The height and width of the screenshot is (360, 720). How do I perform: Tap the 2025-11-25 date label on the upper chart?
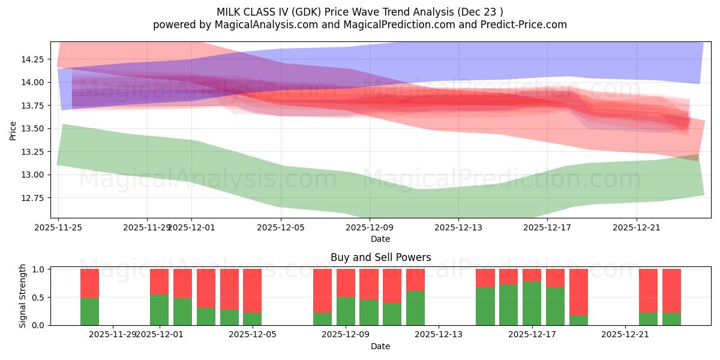pyautogui.click(x=58, y=228)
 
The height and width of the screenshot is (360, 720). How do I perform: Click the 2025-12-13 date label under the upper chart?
pyautogui.click(x=458, y=228)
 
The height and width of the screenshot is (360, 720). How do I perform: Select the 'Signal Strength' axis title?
pyautogui.click(x=23, y=296)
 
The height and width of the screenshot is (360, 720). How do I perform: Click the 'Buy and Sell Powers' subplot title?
pyautogui.click(x=380, y=257)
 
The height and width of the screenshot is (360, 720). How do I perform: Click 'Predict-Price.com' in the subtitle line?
pyautogui.click(x=523, y=25)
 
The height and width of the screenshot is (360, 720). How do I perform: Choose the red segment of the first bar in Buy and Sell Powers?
pyautogui.click(x=89, y=283)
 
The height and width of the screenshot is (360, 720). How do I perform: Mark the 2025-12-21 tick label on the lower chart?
pyautogui.click(x=626, y=334)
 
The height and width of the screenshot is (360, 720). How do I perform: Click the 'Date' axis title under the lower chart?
pyautogui.click(x=380, y=346)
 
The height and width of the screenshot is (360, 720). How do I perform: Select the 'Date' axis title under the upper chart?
pyautogui.click(x=380, y=239)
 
